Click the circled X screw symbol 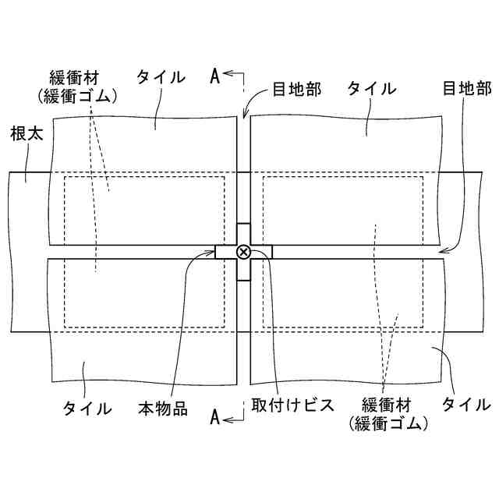click(243, 251)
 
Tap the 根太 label click(27, 133)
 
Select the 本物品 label click(163, 409)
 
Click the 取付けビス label click(293, 405)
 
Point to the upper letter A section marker click(215, 76)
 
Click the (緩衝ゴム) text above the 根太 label click(77, 96)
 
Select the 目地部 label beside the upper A click(297, 87)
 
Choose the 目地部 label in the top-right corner click(467, 87)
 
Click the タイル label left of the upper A click(161, 76)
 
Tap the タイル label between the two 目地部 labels click(371, 87)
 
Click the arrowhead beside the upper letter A click(228, 76)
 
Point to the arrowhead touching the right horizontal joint click(443, 251)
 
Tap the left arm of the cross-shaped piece click(225, 251)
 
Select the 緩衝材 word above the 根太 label click(77, 78)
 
